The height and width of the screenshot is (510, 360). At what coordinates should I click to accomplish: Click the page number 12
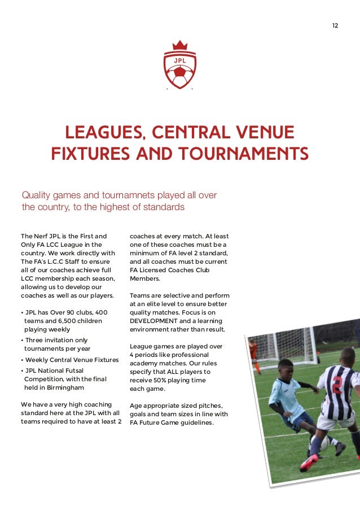[335, 26]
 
